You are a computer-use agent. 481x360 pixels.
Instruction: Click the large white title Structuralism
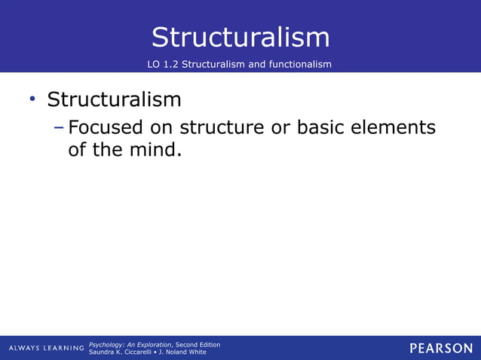(240, 37)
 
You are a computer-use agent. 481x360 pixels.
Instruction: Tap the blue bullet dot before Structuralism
(32, 99)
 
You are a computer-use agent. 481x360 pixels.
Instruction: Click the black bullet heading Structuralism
(114, 99)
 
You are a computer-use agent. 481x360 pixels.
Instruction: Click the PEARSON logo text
(441, 348)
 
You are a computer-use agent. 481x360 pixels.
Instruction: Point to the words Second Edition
(198, 344)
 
